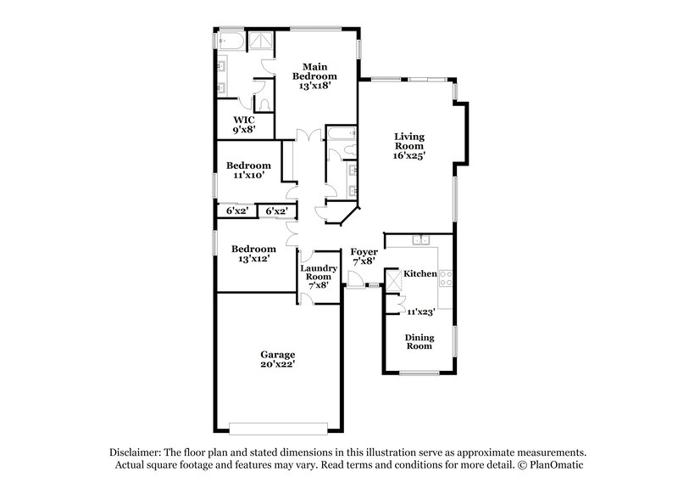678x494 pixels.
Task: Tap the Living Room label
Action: pos(409,145)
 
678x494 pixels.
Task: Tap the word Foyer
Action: pos(364,252)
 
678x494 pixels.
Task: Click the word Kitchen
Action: pos(420,274)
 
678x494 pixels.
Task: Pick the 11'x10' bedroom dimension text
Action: pos(248,176)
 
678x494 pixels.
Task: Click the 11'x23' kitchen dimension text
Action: pos(421,312)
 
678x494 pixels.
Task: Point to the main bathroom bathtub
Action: pos(230,40)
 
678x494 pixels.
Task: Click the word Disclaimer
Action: pos(136,453)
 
